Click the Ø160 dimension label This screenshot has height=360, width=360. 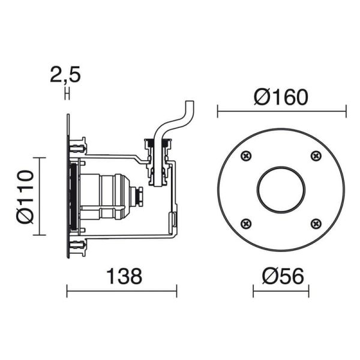coord(280,97)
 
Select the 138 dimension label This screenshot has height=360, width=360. coord(124,276)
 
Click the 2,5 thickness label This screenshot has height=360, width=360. coord(65,76)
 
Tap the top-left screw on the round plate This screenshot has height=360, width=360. coord(246,156)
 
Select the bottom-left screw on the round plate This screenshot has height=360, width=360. coord(246,224)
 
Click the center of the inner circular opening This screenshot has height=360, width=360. coord(281,190)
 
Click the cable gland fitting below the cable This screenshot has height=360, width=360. coord(158,162)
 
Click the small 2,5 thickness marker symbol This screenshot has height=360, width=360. coord(67,94)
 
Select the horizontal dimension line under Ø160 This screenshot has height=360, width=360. coord(281,111)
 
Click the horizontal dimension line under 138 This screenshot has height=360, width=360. coord(121,293)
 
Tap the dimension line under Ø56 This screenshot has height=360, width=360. coord(281,293)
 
